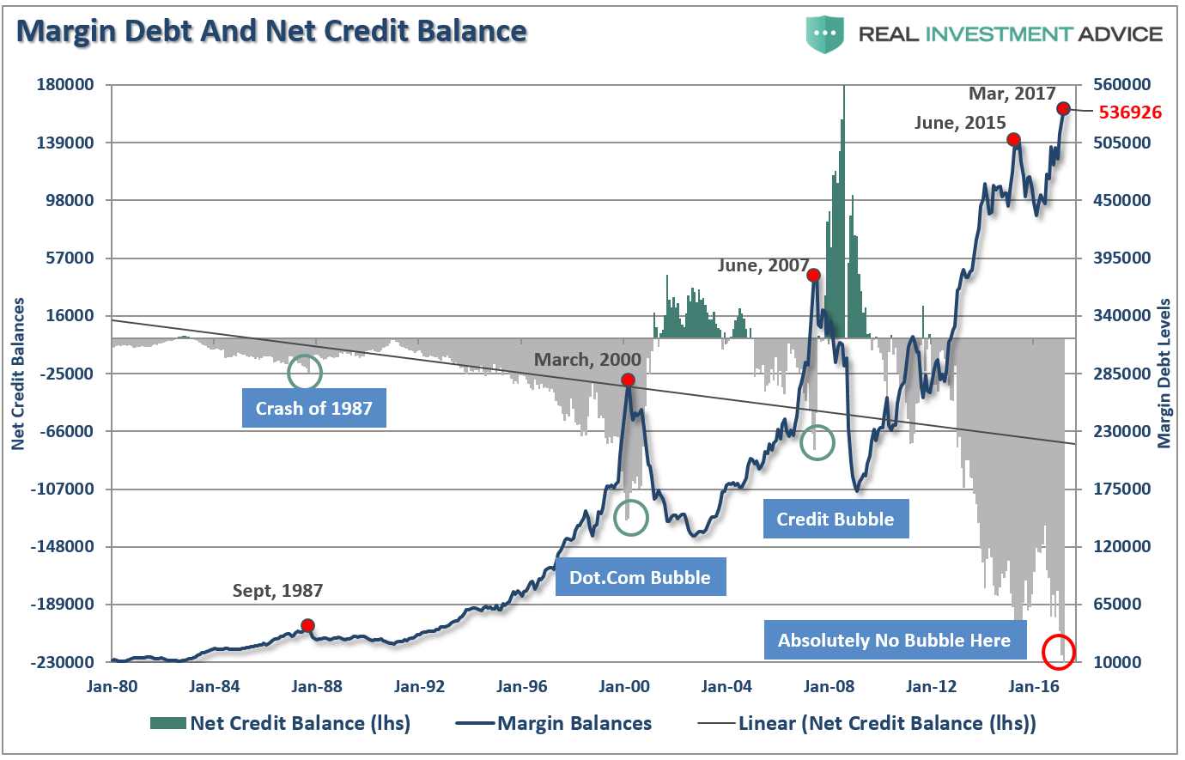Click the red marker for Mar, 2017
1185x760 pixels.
coord(1063,108)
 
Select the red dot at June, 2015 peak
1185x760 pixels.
coord(1013,139)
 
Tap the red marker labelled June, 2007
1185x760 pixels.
coord(813,276)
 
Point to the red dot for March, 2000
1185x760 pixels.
coord(628,380)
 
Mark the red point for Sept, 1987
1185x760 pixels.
coord(307,625)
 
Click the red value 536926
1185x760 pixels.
coord(1130,112)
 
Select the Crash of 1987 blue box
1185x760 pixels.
coord(313,408)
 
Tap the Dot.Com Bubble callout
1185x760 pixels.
coord(640,577)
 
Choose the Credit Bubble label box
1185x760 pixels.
coord(836,519)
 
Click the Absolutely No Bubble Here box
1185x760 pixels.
coord(894,640)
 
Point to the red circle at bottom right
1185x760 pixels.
coord(1058,652)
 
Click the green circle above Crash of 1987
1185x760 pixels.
coord(305,372)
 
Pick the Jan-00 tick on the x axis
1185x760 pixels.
coord(624,686)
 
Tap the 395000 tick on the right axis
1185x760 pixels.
coord(1121,258)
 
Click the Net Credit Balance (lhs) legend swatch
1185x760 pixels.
coord(167,723)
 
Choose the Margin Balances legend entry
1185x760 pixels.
coord(574,723)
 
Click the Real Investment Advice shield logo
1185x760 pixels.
coord(825,33)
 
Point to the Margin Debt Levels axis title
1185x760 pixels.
coord(1164,374)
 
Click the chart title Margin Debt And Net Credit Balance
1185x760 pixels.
coord(271,31)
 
